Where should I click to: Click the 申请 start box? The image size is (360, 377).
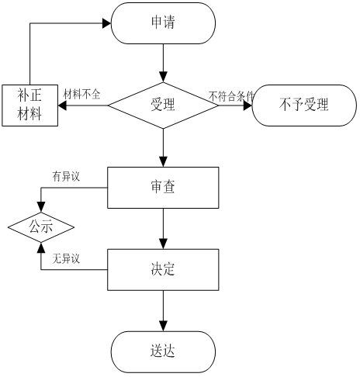coord(163,23)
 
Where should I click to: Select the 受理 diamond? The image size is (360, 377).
coord(163,105)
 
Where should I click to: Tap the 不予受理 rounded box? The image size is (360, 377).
coord(304,105)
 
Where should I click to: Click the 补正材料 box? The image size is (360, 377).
coord(29,105)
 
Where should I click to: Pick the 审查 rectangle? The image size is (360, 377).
coord(163,188)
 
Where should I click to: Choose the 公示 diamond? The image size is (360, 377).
coord(41,227)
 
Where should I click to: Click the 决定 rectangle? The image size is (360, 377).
coord(163,270)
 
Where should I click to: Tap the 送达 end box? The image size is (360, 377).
coord(163,352)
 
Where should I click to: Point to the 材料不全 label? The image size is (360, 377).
coord(81,94)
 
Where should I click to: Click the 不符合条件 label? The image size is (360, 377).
coord(230,96)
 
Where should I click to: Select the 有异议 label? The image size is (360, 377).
coord(66,176)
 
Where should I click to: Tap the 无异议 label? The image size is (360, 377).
coord(66,258)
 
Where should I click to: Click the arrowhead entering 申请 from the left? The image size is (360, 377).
coord(107,23)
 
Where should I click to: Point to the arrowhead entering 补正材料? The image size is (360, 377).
coord(62,105)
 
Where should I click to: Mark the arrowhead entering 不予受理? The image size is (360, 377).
coord(247,105)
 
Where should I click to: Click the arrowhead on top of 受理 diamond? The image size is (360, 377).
coord(163,78)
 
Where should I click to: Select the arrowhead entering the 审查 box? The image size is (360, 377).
coord(163,163)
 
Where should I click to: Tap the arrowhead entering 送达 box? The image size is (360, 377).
coord(163,327)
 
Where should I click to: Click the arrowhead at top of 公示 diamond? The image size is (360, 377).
coord(41,208)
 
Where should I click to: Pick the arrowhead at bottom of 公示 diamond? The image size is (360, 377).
coord(41,247)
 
